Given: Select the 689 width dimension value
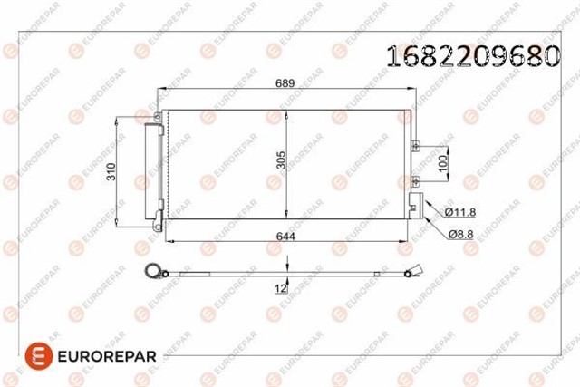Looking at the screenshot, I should tap(285, 82).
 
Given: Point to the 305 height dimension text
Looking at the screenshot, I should tap(282, 161).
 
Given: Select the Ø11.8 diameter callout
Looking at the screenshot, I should tap(459, 213).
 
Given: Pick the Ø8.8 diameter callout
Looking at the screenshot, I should tap(461, 233).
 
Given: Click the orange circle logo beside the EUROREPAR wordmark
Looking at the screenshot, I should tap(39, 355).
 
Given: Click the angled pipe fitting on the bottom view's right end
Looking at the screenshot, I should tap(416, 269).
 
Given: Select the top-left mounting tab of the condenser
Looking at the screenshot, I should tap(159, 116).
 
